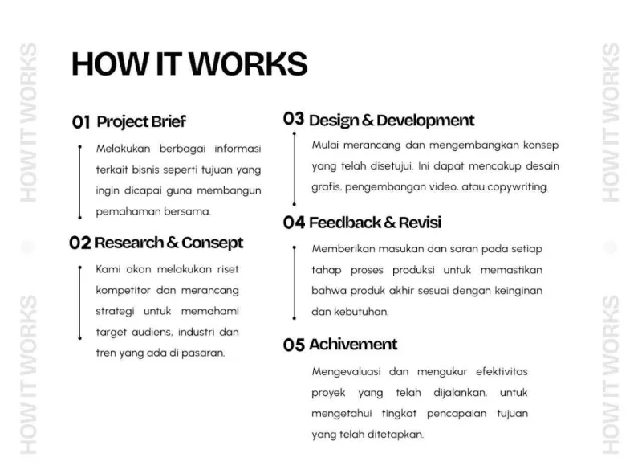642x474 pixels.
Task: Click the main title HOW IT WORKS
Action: [x=189, y=63]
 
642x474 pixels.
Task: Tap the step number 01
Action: [x=81, y=122]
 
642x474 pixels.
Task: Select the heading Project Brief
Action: [x=141, y=122]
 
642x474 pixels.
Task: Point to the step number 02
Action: [x=80, y=243]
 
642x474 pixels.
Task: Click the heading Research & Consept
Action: [x=169, y=243]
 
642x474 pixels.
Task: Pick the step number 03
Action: [x=294, y=120]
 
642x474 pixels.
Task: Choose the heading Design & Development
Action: [x=392, y=121]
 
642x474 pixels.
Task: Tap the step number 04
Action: [x=294, y=223]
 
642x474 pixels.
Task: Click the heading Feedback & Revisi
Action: [x=375, y=223]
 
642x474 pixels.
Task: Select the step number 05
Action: [x=294, y=345]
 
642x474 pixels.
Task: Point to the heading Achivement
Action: [x=353, y=345]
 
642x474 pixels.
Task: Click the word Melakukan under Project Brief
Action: [x=120, y=149]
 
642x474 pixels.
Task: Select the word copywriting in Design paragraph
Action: [x=515, y=187]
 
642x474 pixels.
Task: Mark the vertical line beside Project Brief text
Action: [x=80, y=182]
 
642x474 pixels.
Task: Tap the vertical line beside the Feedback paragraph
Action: [x=296, y=281]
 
